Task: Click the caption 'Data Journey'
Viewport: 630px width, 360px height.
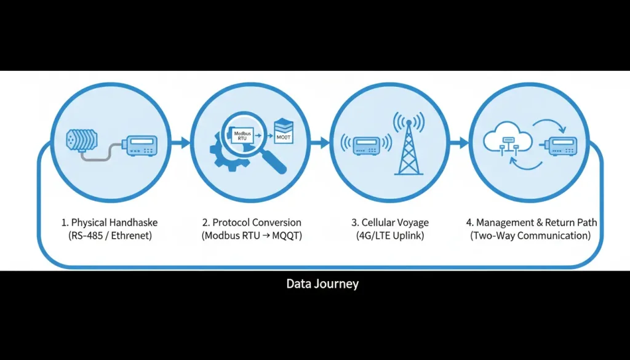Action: (322, 284)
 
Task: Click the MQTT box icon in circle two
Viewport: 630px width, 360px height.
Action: (284, 130)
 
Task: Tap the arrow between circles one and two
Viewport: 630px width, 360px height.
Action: (180, 143)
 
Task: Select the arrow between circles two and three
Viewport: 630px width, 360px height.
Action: (321, 143)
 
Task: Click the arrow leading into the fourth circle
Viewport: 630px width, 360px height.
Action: (460, 143)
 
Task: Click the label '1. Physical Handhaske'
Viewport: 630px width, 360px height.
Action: (110, 222)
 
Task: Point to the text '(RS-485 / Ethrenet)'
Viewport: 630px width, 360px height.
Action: (110, 236)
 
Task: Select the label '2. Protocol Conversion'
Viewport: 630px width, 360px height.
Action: (252, 222)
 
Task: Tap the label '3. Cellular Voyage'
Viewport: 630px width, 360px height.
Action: (390, 222)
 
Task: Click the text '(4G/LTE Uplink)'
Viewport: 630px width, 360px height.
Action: (390, 236)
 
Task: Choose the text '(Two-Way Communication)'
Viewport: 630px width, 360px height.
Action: (530, 236)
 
